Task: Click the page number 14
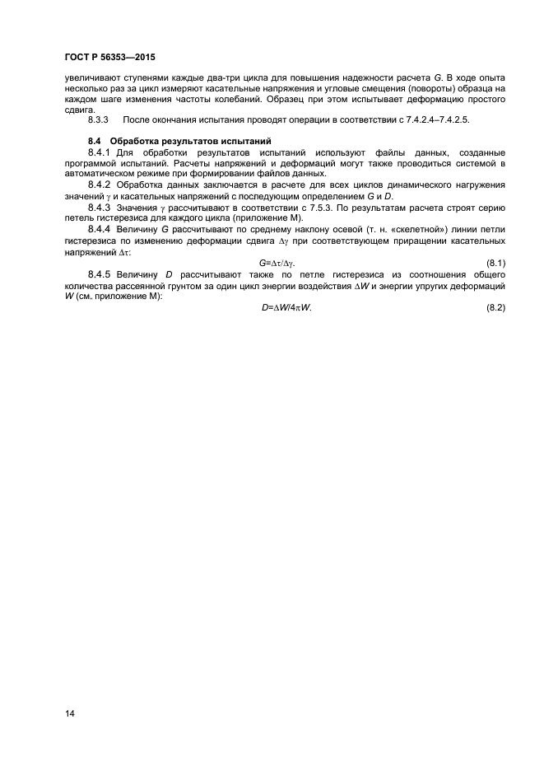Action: tap(69, 713)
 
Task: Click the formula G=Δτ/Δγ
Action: tap(277, 262)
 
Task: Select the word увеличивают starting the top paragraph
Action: tap(92, 77)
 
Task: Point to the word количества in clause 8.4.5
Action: tap(90, 284)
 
